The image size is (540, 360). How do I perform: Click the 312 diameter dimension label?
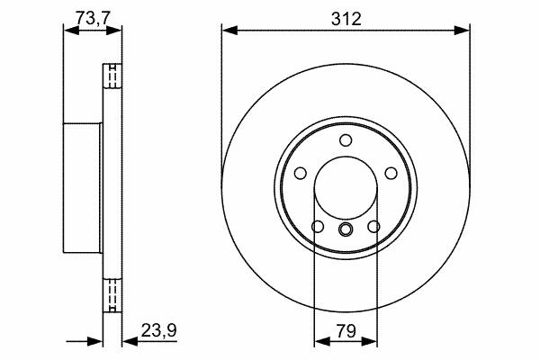click(346, 19)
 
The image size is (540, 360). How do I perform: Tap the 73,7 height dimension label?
click(93, 18)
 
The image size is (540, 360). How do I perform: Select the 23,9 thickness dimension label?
click(158, 330)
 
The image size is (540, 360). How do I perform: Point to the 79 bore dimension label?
click(346, 331)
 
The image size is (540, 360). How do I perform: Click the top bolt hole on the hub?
click(346, 140)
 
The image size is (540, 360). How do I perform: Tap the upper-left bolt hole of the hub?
click(301, 173)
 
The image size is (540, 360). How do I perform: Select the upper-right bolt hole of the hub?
click(391, 173)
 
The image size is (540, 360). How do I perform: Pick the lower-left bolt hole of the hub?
click(318, 226)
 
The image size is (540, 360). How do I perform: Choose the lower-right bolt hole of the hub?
click(373, 226)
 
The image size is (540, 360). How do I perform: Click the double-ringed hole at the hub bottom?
click(346, 229)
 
